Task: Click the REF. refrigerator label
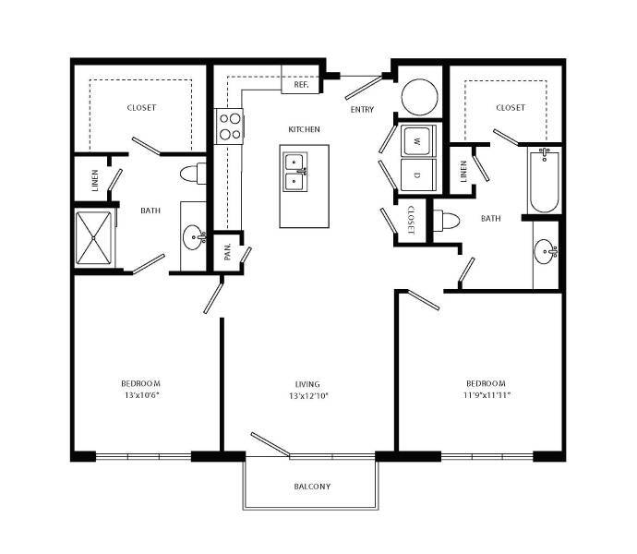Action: coord(301,84)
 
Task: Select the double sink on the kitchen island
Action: coord(295,170)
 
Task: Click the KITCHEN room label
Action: coord(304,130)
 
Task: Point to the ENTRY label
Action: coord(362,110)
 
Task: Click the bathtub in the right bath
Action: coord(545,181)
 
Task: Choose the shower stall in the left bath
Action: coord(93,237)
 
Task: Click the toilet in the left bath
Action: coord(194,173)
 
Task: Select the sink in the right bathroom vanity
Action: coord(547,249)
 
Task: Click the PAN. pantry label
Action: coord(227,252)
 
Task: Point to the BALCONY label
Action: coord(312,487)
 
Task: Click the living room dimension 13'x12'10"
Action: coord(307,396)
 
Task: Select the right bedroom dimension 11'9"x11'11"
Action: coord(486,395)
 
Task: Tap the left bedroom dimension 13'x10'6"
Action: coord(141,396)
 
